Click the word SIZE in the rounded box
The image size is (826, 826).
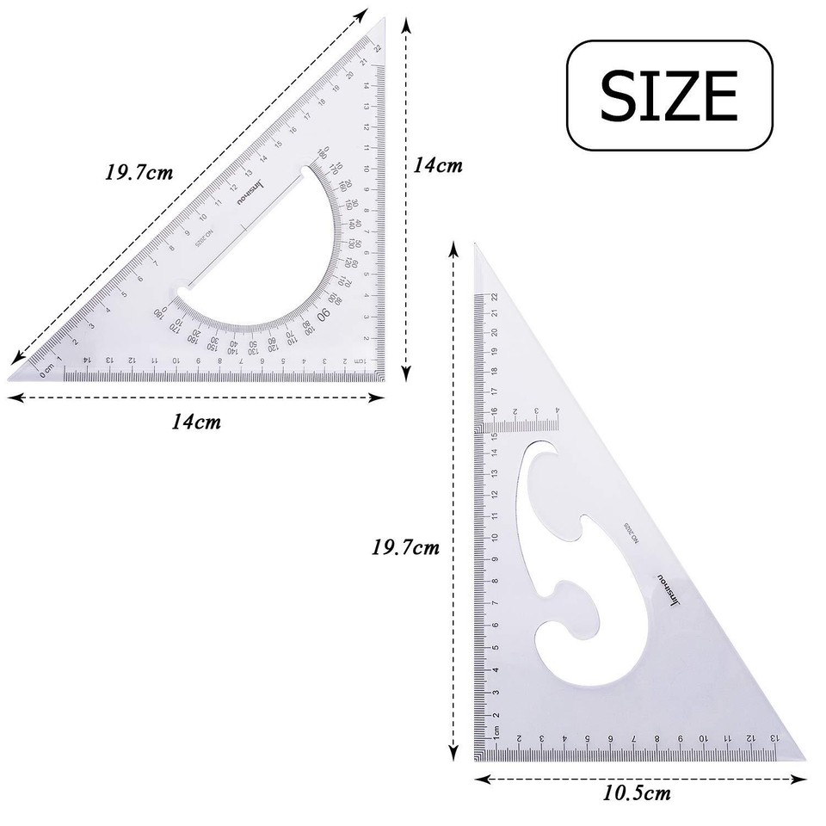coord(669,95)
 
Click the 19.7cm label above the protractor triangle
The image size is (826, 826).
coord(139,172)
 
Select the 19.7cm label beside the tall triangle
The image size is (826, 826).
coord(405,546)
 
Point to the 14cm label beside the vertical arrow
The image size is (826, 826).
coord(438,165)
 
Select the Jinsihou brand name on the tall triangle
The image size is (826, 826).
coord(669,593)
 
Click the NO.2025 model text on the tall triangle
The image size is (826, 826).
coord(631,534)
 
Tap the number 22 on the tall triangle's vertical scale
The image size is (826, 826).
coord(496,297)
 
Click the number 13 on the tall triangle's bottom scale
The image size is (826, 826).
coord(774,738)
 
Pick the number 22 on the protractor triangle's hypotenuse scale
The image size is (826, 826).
coord(376,49)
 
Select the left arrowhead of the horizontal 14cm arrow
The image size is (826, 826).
coord(12,397)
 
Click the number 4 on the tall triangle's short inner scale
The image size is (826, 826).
coord(558,410)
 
